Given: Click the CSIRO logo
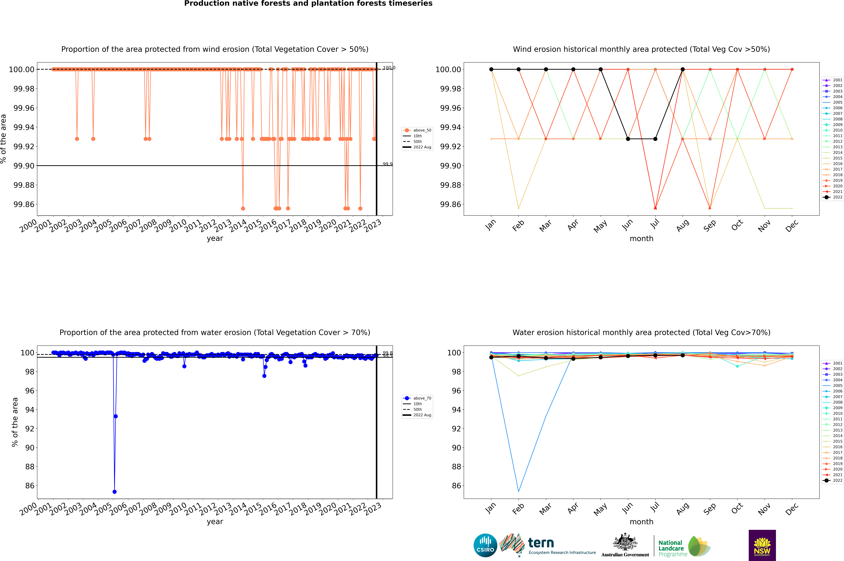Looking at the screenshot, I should pos(485,545).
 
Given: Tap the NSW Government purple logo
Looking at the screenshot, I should pos(762,545).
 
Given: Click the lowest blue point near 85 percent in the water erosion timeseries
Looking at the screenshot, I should pos(114,492).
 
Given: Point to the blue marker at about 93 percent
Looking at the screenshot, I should pos(116,416).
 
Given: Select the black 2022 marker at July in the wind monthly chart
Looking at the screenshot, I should pos(655,139).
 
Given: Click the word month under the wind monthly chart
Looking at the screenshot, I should pos(641,239).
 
